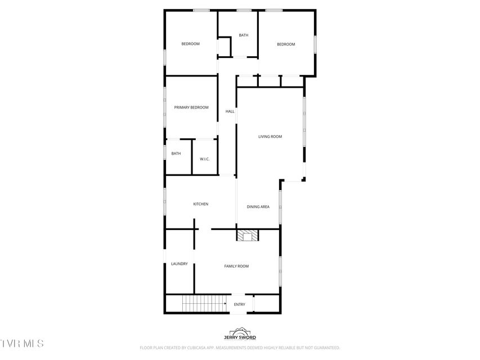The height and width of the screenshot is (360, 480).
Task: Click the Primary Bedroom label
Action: point(191,107)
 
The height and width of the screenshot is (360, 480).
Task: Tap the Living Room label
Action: point(270,137)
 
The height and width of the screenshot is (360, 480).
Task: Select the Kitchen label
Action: point(201,204)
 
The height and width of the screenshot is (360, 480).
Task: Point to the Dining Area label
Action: point(258,206)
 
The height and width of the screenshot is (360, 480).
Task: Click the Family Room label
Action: point(236,266)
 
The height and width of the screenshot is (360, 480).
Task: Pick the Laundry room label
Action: point(180,264)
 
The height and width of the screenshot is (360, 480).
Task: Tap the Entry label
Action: point(239,304)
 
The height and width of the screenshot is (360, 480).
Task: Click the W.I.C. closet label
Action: point(204,159)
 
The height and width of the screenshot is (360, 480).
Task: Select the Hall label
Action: point(230,111)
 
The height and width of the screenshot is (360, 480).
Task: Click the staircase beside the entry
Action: point(204,304)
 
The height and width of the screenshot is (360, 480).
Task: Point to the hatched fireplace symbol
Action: point(248,235)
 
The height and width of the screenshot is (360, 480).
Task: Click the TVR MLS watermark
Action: point(22,344)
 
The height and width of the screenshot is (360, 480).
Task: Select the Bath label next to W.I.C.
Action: point(176,154)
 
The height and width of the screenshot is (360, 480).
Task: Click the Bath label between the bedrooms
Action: point(244,35)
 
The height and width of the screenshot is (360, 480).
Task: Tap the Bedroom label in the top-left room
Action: point(190,44)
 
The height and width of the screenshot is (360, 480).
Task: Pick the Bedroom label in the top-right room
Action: point(286,44)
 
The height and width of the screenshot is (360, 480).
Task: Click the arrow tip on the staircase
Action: point(226,304)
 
